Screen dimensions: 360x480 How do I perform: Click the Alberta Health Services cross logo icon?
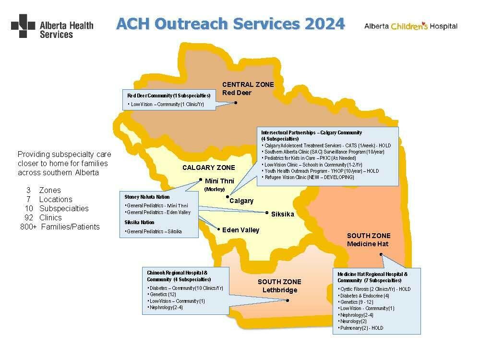coord(23,26)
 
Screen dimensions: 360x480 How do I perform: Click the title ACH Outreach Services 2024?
coord(230,24)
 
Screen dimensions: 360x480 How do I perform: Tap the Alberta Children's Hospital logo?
coord(410,26)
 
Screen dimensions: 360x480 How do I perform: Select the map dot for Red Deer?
coord(236,102)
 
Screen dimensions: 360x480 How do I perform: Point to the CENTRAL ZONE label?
coord(248,84)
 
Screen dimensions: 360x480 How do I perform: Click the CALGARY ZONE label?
coord(209,168)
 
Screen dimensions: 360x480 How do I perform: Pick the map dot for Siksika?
coord(267,213)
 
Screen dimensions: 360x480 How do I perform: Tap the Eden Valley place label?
coord(240,230)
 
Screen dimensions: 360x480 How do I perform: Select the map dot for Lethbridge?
coord(288,301)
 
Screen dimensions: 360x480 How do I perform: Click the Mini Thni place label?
coord(219,181)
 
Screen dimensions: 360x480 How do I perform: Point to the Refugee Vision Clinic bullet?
coord(310,177)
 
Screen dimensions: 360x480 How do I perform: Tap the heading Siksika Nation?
coord(139,222)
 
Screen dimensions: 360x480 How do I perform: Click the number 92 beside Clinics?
coord(30,217)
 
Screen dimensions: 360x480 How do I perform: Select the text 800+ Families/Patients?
coord(60,227)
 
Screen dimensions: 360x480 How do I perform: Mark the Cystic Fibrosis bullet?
coord(374,289)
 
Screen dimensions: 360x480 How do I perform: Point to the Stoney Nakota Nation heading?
coord(147,197)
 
